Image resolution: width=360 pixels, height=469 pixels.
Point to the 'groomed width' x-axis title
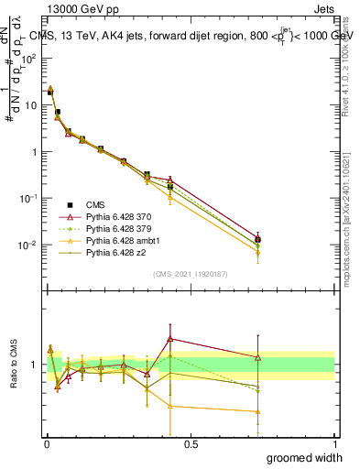pyautogui.click(x=305, y=457)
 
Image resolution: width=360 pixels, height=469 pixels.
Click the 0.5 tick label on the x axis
pyautogui.click(x=191, y=444)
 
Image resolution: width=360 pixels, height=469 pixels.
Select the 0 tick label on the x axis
pyautogui.click(x=47, y=444)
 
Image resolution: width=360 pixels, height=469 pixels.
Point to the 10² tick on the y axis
pyautogui.click(x=30, y=58)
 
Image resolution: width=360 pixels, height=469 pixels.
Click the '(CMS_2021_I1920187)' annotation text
pyautogui.click(x=190, y=274)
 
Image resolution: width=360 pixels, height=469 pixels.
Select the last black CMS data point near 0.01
pyautogui.click(x=258, y=240)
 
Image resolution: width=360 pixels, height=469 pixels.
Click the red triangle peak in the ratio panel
pyautogui.click(x=170, y=338)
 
